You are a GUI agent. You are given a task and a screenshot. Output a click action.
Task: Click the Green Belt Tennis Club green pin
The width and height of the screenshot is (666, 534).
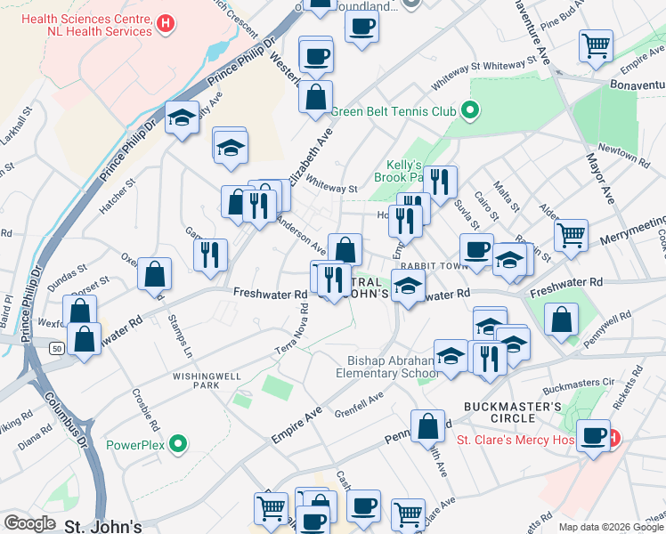point(469,112)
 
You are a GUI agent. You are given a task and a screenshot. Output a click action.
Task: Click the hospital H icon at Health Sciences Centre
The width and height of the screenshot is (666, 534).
point(164,25)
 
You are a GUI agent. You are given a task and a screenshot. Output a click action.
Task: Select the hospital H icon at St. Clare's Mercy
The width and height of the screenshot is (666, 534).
point(613,439)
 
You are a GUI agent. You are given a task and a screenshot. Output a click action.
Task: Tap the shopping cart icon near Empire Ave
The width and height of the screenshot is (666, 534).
point(596,45)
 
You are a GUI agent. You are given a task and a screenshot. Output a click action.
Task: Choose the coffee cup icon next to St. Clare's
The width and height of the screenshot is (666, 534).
point(593,436)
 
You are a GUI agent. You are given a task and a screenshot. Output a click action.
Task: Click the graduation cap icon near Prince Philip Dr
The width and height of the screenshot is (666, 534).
point(182,118)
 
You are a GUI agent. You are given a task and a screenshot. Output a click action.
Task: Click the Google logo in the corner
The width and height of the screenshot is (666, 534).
point(29,523)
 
